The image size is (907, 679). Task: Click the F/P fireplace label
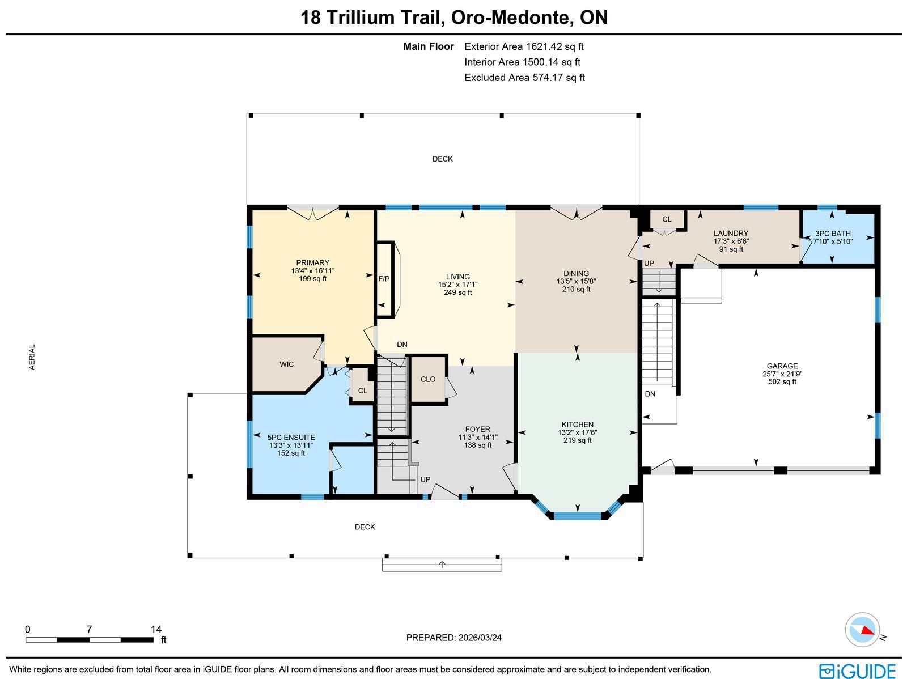tap(384, 279)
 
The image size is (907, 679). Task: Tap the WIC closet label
tap(286, 364)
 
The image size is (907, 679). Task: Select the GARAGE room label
tap(782, 366)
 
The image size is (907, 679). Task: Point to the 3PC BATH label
tap(833, 234)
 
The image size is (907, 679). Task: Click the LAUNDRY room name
tap(731, 233)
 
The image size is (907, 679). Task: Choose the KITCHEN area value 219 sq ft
tap(578, 440)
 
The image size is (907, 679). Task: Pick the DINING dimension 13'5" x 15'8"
tap(576, 281)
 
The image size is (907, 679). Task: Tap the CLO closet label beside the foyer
tap(428, 379)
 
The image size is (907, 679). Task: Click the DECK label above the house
tap(443, 159)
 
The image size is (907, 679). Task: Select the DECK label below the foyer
tap(365, 527)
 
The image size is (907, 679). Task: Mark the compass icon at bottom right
tap(862, 630)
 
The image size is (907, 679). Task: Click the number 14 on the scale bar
tap(156, 629)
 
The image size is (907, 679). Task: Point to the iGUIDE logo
tap(857, 670)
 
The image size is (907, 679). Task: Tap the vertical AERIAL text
tap(32, 357)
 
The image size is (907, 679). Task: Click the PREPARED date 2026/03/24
tap(480, 638)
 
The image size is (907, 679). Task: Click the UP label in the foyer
tap(425, 479)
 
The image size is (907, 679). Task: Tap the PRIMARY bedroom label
tap(313, 262)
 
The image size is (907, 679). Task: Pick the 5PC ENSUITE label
tap(291, 438)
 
